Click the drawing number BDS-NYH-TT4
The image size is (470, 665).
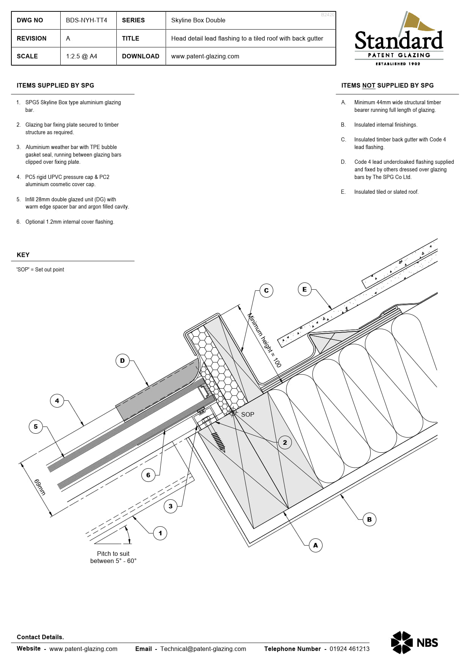pyautogui.click(x=86, y=20)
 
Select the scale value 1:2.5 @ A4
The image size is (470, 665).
pyautogui.click(x=81, y=56)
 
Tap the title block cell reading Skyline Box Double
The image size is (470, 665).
pyautogui.click(x=198, y=20)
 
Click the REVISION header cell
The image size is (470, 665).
pyautogui.click(x=31, y=38)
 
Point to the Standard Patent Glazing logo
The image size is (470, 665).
pyautogui.click(x=399, y=39)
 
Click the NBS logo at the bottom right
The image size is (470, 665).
pyautogui.click(x=414, y=642)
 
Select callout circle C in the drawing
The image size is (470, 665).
pyautogui.click(x=266, y=290)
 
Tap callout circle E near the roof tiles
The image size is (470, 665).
pyautogui.click(x=304, y=289)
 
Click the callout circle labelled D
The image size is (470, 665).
pyautogui.click(x=122, y=361)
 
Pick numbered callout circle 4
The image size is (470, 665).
pyautogui.click(x=57, y=401)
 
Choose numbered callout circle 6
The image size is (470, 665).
pyautogui.click(x=148, y=475)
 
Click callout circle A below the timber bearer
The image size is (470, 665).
pyautogui.click(x=315, y=545)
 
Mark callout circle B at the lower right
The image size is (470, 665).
pyautogui.click(x=369, y=519)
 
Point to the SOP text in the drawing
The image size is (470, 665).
pyautogui.click(x=248, y=414)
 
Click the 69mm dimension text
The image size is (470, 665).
pyautogui.click(x=40, y=487)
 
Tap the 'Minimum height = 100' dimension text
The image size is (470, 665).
pyautogui.click(x=264, y=340)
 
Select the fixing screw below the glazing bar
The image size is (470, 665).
pyautogui.click(x=219, y=442)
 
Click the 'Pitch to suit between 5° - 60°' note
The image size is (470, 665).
pyautogui.click(x=113, y=557)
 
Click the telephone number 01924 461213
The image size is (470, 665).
pyautogui.click(x=349, y=649)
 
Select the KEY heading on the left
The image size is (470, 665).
pyautogui.click(x=23, y=255)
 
